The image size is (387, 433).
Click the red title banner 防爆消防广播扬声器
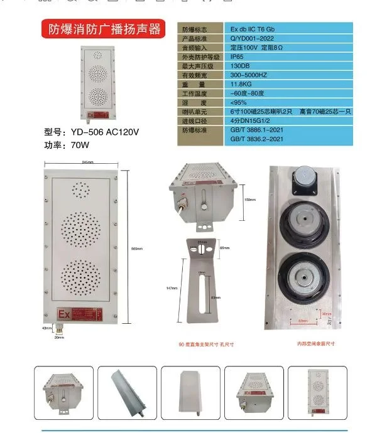101,29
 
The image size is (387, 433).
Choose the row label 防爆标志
194,29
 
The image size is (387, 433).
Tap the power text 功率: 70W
67,144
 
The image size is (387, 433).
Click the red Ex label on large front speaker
63,313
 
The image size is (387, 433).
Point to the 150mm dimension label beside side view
249,200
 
